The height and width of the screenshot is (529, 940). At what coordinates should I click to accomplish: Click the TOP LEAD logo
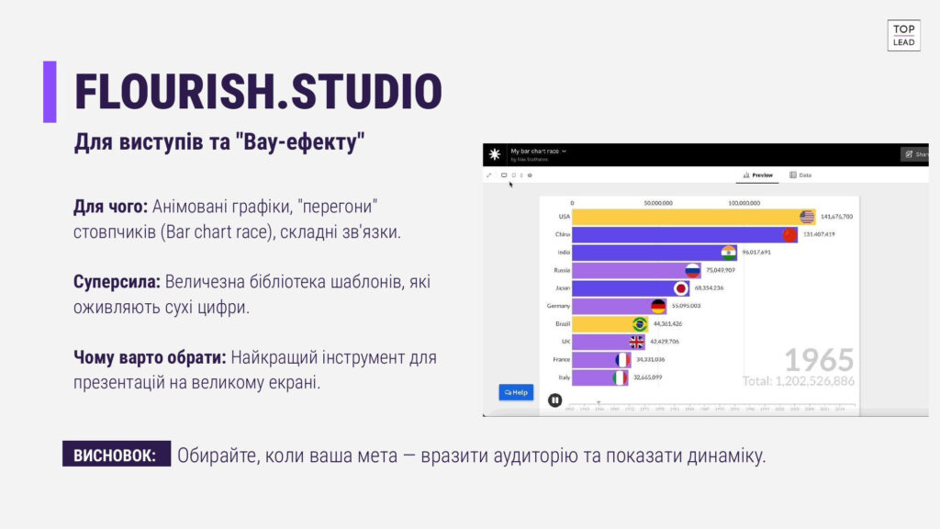tap(903, 35)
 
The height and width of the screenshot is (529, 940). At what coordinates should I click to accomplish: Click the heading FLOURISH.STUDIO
tap(258, 92)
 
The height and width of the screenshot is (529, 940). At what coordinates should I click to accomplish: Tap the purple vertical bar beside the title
tap(50, 92)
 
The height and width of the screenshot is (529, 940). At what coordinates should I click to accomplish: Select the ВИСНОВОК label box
tap(116, 455)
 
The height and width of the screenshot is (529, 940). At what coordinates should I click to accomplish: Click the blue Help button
tap(516, 392)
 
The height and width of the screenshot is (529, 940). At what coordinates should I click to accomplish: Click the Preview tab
tap(758, 174)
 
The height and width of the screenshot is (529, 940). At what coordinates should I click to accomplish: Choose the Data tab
tap(800, 174)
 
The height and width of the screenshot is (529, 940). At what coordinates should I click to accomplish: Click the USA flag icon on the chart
tap(807, 217)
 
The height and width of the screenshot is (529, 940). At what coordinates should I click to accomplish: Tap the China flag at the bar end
tap(789, 234)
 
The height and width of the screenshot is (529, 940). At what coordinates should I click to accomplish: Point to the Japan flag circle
tap(681, 287)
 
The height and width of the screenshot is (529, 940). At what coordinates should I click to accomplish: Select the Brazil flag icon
tap(640, 323)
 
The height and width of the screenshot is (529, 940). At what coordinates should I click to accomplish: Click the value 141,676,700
tap(835, 217)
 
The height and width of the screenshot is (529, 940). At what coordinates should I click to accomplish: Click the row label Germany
tap(558, 306)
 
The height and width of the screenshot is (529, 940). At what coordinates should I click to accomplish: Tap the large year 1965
tap(819, 359)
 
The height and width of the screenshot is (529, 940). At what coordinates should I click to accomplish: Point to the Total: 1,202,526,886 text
tap(799, 380)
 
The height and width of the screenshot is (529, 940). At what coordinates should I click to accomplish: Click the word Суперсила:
tap(117, 282)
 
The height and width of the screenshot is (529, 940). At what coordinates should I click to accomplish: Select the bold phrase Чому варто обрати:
tap(150, 356)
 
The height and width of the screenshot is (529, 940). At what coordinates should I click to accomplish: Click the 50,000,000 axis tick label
tap(657, 203)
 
